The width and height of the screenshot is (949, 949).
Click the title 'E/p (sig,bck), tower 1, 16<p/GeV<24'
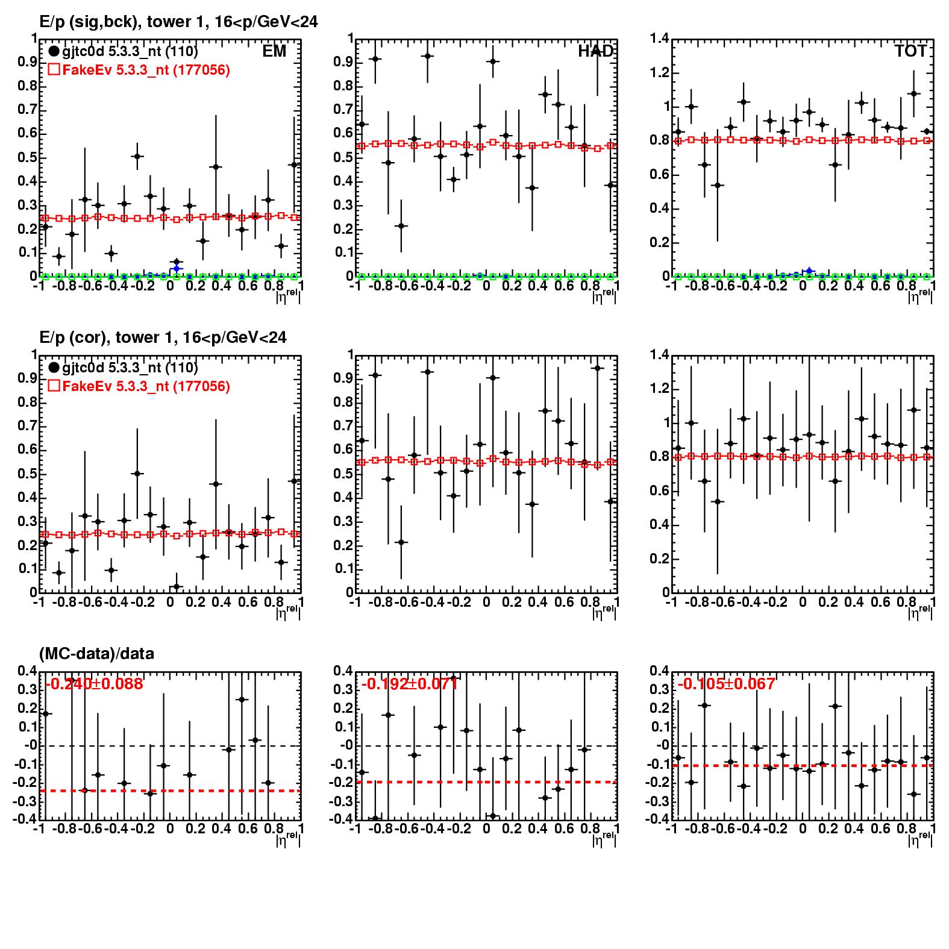coord(178,22)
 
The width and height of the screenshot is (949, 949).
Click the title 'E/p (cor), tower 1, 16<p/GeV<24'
coord(163,338)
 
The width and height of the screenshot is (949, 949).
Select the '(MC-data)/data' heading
coord(96,654)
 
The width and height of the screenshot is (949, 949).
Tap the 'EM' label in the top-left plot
coord(274,51)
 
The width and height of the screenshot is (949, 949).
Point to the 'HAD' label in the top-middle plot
coord(595,51)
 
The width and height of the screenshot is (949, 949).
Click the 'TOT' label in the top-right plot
coord(910,51)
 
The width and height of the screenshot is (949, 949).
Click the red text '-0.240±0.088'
coord(94,684)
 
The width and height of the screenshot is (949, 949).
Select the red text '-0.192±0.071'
coord(410,684)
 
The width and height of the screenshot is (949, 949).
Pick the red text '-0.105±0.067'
coord(726,684)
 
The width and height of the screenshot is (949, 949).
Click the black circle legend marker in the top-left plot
coord(54,52)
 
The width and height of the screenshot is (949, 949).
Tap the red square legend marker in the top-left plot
coord(54,70)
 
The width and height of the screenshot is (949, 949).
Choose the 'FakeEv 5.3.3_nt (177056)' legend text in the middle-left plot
coord(146,386)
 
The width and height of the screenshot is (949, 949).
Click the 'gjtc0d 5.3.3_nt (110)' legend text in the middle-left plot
coord(130,368)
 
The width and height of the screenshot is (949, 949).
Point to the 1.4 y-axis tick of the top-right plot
coord(660,39)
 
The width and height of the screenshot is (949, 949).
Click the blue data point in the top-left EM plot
coord(176,268)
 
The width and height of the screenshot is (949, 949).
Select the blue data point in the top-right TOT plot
coord(809,271)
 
